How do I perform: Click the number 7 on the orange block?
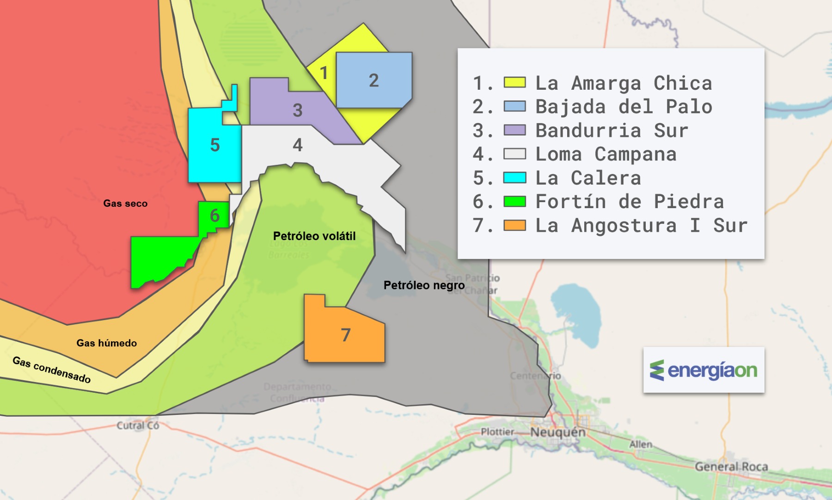tap(346, 335)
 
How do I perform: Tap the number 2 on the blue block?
tap(374, 80)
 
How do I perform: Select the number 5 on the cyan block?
tap(215, 145)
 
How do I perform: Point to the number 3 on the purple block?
tap(298, 110)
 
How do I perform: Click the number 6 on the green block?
tap(214, 216)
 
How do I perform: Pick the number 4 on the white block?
tap(298, 145)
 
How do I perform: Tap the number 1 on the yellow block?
tap(324, 73)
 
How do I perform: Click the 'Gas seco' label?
tap(125, 204)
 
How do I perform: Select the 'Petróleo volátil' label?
tap(314, 236)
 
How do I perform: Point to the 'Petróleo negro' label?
tap(424, 285)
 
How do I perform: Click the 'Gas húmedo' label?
tap(106, 343)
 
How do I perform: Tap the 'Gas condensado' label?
tap(51, 370)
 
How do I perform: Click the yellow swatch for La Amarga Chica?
tap(514, 83)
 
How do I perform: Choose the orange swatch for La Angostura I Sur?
tap(514, 225)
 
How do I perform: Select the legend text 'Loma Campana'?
tap(606, 154)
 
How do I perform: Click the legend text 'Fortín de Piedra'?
tap(629, 202)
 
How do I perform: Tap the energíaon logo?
tap(704, 370)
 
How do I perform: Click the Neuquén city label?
tap(557, 432)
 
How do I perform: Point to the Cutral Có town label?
tap(137, 426)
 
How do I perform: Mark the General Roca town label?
tap(731, 467)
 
